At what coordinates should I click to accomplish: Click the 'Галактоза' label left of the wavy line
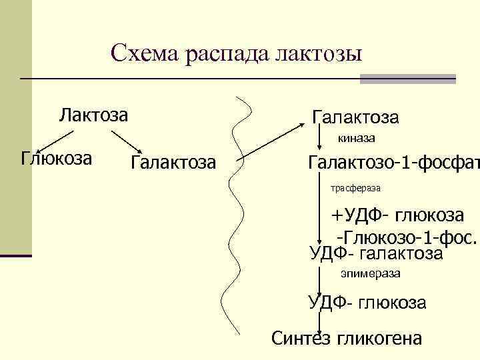[x=173, y=161]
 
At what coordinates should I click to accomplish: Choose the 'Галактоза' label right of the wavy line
[x=355, y=118]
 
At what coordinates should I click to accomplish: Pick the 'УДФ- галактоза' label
[x=376, y=253]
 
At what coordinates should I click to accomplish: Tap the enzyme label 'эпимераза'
[x=371, y=274]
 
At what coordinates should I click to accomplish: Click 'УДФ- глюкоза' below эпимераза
[x=367, y=303]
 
